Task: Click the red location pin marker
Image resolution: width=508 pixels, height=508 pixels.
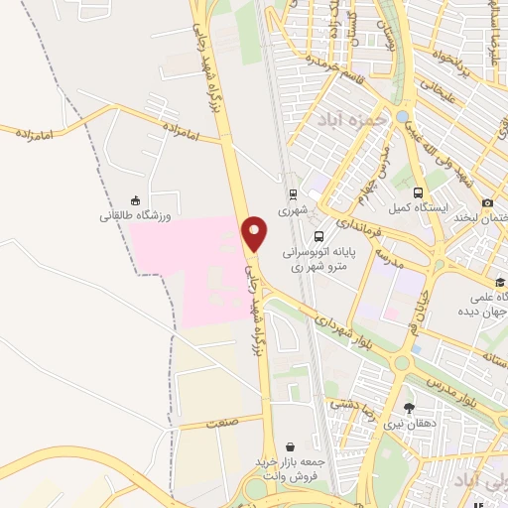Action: click(255, 233)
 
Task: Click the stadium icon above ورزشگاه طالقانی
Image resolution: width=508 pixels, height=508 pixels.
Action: click(135, 199)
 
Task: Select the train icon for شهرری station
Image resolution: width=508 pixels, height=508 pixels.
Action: click(294, 194)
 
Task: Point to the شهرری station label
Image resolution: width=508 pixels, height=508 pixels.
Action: click(294, 210)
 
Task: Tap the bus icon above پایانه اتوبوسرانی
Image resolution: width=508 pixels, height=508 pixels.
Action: click(318, 236)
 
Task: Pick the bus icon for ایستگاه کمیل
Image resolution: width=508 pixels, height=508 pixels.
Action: click(418, 193)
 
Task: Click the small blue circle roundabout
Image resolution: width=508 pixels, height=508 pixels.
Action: click(402, 117)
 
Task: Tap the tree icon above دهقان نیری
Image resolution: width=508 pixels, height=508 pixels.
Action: click(409, 407)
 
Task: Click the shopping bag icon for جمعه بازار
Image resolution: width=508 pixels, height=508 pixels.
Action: click(289, 447)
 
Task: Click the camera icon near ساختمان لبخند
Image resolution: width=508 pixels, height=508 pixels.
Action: click(487, 202)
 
